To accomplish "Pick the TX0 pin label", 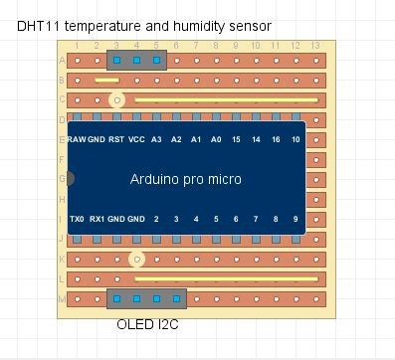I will (76, 218).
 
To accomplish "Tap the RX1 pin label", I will (97, 218).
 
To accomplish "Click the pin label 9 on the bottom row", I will (296, 218).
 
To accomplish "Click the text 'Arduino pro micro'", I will (186, 179).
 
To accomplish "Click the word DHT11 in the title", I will (38, 25).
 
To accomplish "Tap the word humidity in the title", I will (203, 25).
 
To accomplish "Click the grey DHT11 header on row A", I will (136, 61).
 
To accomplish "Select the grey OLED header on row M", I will (146, 298).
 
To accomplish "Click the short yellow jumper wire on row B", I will (106, 80).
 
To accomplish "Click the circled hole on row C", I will (116, 99).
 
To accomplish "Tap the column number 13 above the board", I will (315, 46).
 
